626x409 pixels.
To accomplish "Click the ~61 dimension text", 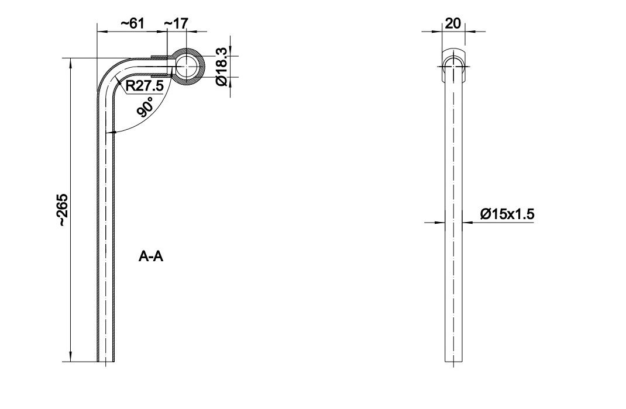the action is [x=132, y=23].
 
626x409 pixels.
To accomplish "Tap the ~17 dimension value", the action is [x=176, y=23].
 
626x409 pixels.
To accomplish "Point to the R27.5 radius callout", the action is [x=145, y=86].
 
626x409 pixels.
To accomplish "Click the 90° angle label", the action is [x=146, y=106].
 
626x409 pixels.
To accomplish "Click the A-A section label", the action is [x=151, y=257].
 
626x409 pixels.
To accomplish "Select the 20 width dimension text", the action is [x=453, y=23].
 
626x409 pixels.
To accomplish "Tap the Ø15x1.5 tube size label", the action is [x=507, y=214].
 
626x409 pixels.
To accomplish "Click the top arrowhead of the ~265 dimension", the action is [x=70, y=63].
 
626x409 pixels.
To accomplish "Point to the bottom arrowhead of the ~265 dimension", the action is [x=70, y=357].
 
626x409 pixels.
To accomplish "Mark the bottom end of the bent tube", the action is [x=106, y=362].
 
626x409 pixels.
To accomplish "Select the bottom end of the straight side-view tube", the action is [x=453, y=362].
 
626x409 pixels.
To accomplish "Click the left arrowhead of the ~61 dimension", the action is [x=102, y=31].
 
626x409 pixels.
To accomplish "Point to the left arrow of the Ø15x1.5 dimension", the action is [x=440, y=223].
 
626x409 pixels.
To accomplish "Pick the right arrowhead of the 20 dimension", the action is [x=470, y=31].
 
